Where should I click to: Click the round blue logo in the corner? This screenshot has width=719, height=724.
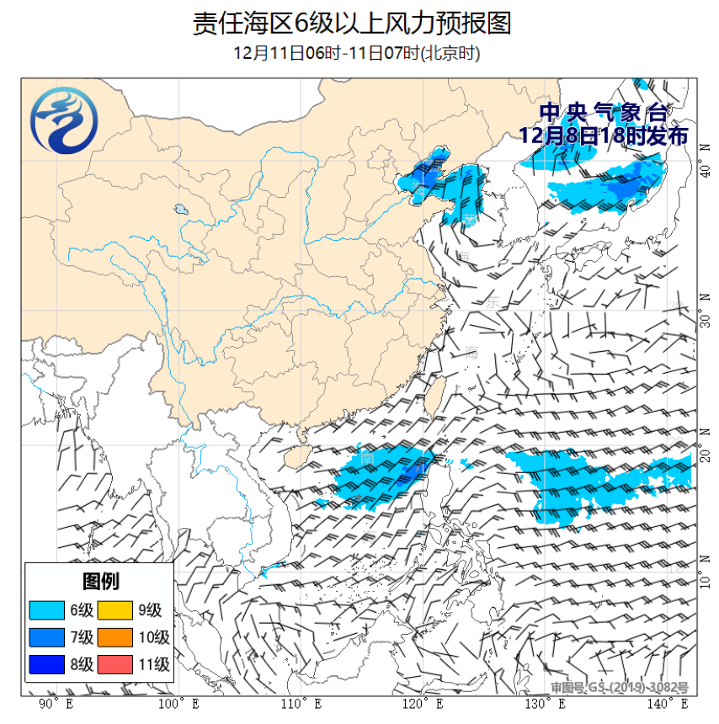coord(63,123)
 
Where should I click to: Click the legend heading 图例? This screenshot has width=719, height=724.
coord(99,581)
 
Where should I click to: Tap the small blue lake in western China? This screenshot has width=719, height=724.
coord(180,209)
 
